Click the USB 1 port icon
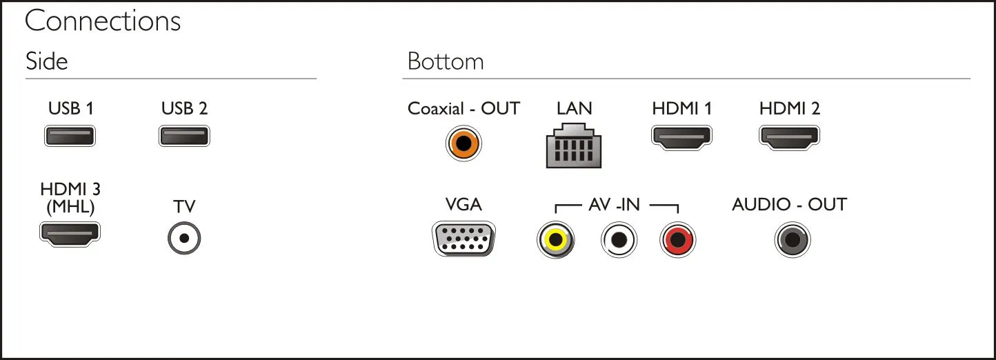(x=70, y=136)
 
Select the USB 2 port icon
(x=184, y=136)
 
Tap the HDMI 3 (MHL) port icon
(x=70, y=234)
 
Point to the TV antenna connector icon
(x=184, y=238)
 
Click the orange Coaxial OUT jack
(x=464, y=143)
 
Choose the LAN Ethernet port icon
(x=574, y=146)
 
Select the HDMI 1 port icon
(x=681, y=137)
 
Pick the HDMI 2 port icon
(x=789, y=137)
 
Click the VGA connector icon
(x=464, y=239)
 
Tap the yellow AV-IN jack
(x=555, y=239)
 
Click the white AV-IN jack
(x=619, y=239)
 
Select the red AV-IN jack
(x=677, y=239)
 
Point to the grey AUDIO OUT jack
(x=793, y=239)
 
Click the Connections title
(x=103, y=21)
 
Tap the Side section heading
(x=47, y=61)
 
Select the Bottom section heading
(x=446, y=61)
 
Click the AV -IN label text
(x=614, y=204)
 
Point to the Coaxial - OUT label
(x=464, y=108)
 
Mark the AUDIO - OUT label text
(x=789, y=204)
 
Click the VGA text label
(x=464, y=204)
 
